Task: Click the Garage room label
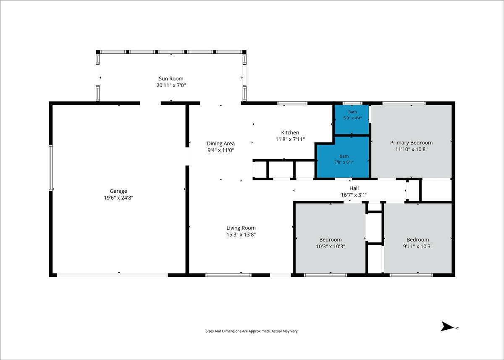118,191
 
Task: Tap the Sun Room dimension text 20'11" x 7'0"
171,85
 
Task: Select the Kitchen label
290,132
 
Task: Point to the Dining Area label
221,144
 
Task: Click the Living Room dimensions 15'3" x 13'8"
241,234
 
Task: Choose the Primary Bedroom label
411,143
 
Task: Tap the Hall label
354,188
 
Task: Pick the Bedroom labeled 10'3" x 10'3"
330,239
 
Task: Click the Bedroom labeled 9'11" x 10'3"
418,239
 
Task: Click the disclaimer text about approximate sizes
252,331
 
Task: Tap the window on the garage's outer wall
51,168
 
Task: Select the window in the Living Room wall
228,275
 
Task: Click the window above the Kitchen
292,103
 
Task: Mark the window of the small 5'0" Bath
352,103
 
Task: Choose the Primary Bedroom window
404,103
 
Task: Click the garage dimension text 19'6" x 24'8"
118,198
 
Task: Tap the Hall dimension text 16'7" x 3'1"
354,195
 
